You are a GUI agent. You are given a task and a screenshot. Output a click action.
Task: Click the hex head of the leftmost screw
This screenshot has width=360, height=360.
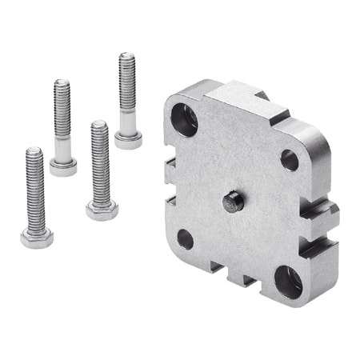tap(36, 238)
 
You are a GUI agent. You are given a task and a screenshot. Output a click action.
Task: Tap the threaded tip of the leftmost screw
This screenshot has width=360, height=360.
tap(34, 152)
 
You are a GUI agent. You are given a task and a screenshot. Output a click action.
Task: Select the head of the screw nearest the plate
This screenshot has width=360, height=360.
tap(128, 141)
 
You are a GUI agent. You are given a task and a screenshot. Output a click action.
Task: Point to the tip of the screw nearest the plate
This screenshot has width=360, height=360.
tap(126, 58)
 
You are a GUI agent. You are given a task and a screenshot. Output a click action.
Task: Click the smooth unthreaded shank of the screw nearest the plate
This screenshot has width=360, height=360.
tap(127, 122)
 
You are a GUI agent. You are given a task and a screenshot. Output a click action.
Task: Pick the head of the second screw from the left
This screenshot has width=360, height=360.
tap(63, 167)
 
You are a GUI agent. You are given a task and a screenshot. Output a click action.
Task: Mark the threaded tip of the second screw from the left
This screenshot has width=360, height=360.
tap(61, 83)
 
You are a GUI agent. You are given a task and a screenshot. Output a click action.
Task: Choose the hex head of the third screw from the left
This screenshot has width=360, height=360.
tap(102, 210)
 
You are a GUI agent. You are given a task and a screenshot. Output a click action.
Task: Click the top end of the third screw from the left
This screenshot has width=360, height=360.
tap(98, 126)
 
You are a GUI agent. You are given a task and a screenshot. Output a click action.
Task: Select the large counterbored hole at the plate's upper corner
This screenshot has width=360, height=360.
tap(184, 118)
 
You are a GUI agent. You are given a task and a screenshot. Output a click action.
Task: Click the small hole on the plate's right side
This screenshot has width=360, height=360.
tap(289, 159)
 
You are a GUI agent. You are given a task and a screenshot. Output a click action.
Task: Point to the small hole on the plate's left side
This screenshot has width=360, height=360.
tap(185, 238)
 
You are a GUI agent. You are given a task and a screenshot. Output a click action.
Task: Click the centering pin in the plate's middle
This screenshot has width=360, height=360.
tap(232, 201)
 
